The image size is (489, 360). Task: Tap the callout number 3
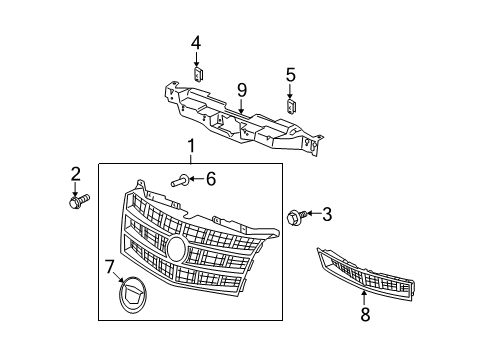(x=326, y=213)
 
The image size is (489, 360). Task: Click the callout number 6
(x=211, y=179)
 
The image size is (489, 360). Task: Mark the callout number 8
(x=364, y=313)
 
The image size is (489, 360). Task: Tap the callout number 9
(x=242, y=91)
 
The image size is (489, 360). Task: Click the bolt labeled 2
(x=76, y=202)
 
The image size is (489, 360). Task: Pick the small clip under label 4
(x=197, y=73)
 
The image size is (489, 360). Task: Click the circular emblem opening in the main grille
(x=176, y=247)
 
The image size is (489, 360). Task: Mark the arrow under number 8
(x=364, y=297)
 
